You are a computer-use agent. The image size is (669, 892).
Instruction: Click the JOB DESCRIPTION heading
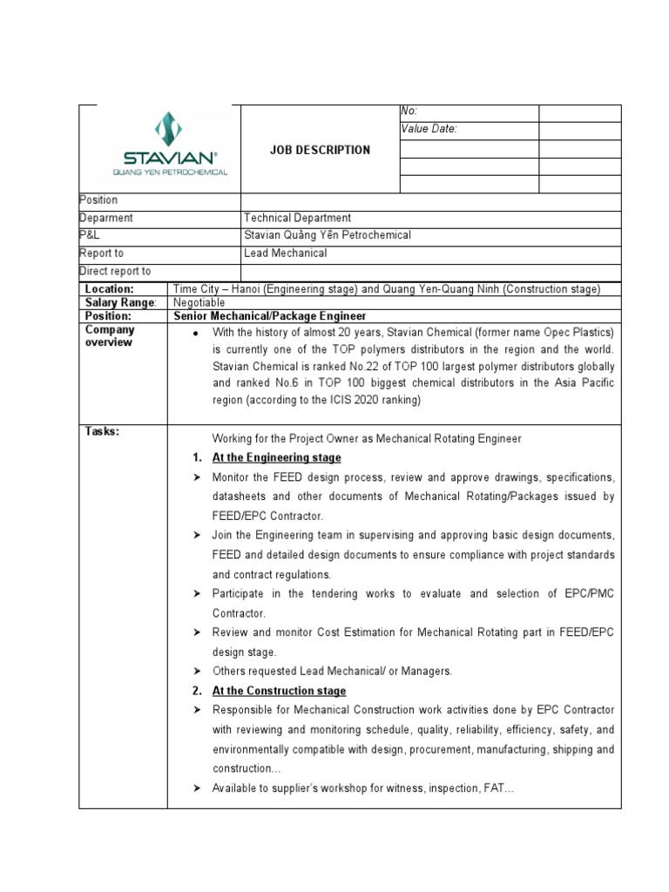coord(320,150)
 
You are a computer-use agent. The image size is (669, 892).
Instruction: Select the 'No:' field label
coord(409,111)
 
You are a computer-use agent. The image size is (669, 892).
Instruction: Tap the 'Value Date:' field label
coord(429,130)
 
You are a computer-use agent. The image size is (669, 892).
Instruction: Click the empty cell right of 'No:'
coord(579,112)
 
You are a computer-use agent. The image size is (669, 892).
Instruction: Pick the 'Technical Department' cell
coord(298,219)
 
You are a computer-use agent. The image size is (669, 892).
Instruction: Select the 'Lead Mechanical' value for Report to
coord(287,253)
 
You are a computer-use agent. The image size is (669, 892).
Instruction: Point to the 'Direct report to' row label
coord(115,272)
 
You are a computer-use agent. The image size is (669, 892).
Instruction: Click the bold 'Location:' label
coord(109,288)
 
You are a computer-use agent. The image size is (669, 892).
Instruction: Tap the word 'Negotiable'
coord(199,302)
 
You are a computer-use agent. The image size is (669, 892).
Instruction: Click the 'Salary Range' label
coord(119,302)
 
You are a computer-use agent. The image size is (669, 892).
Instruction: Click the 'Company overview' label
coord(110,336)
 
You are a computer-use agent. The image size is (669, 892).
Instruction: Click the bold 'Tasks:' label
coord(101,431)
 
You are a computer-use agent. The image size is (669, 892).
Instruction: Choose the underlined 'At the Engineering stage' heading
coord(277,458)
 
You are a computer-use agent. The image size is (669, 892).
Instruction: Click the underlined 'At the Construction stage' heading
coord(279,691)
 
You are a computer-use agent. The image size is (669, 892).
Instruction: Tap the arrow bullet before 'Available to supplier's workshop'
coord(197,788)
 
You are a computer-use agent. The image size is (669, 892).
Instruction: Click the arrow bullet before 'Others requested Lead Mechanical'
coord(197,672)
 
